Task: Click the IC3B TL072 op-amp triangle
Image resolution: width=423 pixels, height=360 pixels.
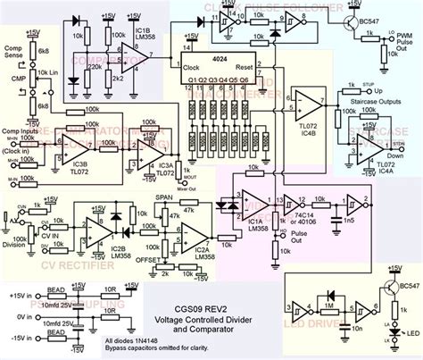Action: (81, 146)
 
